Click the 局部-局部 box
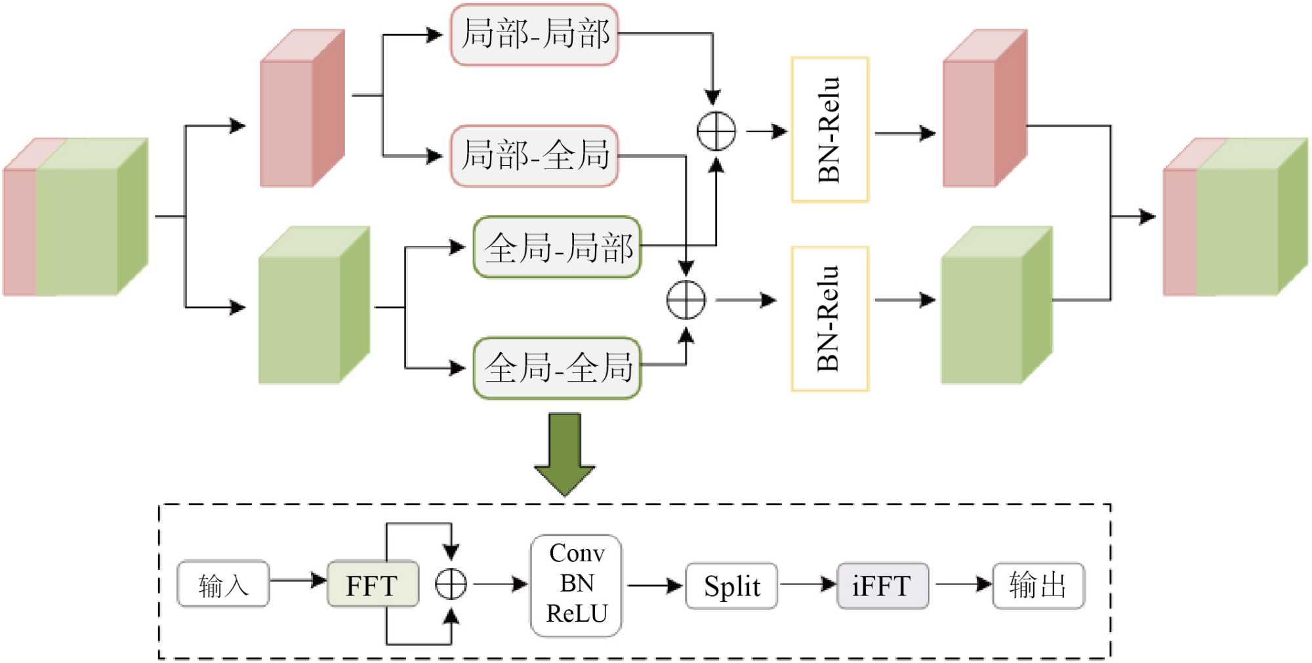pos(534,35)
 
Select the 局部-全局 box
pos(534,156)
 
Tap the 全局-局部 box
pos(557,247)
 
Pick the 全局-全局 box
pos(557,368)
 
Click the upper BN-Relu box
pos(830,130)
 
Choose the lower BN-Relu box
pos(830,319)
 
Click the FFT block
pos(372,584)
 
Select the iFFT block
pos(882,586)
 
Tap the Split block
pos(731,586)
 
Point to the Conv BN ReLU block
pos(576,584)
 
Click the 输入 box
pos(223,584)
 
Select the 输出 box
pos(1038,585)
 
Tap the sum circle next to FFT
pos(451,584)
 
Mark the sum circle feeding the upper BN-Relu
pos(716,131)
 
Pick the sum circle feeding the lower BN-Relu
pos(686,300)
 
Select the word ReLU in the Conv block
pos(577,614)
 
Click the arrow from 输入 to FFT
pos(298,580)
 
